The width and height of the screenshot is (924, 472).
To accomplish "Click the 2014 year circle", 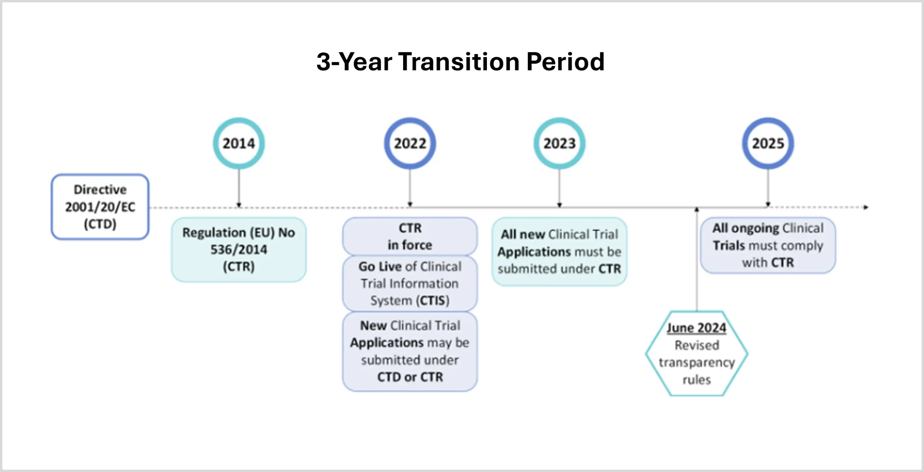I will (x=239, y=143).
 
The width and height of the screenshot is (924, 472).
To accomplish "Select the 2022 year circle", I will (x=410, y=143).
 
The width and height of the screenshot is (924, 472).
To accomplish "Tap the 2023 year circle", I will (x=559, y=143).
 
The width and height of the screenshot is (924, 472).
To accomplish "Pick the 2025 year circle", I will (x=768, y=143).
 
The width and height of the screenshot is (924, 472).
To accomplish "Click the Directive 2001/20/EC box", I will (x=100, y=207).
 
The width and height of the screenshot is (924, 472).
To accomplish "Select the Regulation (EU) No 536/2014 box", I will (x=239, y=250).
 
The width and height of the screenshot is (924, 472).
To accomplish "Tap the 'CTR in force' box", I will (x=410, y=236).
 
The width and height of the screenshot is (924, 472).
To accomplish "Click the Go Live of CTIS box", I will (x=410, y=283).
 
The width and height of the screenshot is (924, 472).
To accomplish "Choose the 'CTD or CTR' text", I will (x=410, y=377).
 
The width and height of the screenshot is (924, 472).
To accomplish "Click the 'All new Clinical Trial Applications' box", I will (x=559, y=251).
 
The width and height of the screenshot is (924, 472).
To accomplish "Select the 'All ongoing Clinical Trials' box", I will (x=768, y=245).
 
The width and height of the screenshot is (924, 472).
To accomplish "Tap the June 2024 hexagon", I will (x=697, y=354).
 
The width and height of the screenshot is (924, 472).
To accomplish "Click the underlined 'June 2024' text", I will (x=696, y=328).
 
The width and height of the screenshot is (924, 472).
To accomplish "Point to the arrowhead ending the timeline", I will (x=866, y=207).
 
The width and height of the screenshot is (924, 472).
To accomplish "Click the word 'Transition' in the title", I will (x=459, y=62).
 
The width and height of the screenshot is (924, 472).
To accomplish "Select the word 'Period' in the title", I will (x=565, y=62).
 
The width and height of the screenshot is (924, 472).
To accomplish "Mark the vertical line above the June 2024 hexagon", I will (x=697, y=260).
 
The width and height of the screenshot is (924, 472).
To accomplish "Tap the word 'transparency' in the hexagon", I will (x=697, y=362).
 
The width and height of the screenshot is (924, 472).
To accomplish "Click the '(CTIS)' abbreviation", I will (x=432, y=300).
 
